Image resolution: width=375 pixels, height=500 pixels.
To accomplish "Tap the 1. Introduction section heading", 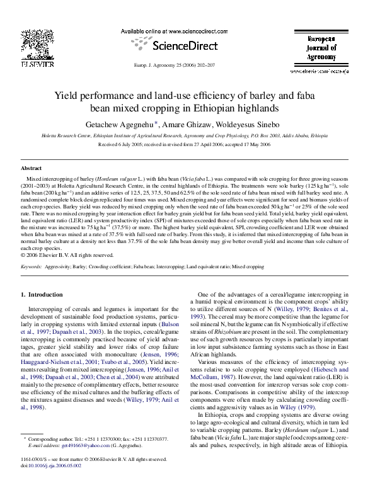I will point(42,294).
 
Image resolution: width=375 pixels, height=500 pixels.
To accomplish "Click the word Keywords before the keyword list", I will point(31,267).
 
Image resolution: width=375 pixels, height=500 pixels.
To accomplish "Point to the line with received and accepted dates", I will point(187,144).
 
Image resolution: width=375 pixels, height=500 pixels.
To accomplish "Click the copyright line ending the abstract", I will point(67,255).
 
